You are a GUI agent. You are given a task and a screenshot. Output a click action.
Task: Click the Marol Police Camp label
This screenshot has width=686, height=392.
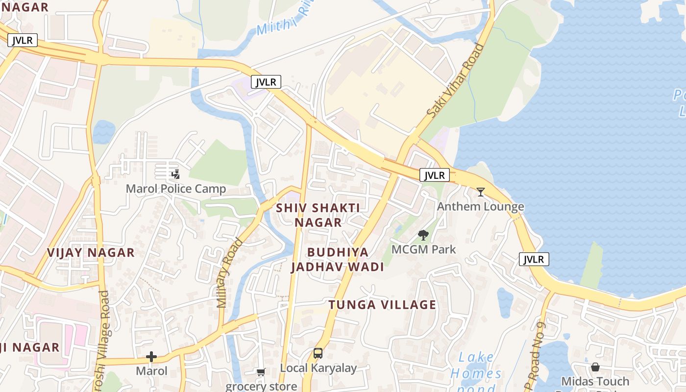click(176, 189)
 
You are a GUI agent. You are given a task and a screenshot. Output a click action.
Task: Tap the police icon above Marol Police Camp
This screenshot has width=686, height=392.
click(175, 174)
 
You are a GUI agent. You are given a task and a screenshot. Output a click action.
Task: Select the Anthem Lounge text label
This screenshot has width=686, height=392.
click(480, 206)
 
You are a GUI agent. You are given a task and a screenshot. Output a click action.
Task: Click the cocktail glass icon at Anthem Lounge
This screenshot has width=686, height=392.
click(481, 192)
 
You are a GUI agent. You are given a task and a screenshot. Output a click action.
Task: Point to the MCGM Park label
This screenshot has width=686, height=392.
click(423, 249)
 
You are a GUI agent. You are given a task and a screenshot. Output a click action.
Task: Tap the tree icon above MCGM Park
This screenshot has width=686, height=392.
click(423, 235)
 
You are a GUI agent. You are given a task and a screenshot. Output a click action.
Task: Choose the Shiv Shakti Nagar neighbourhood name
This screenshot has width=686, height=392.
click(318, 215)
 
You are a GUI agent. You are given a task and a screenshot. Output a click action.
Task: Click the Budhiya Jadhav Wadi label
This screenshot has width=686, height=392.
click(338, 259)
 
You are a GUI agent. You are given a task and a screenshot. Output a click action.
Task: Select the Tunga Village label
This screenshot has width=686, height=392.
click(382, 304)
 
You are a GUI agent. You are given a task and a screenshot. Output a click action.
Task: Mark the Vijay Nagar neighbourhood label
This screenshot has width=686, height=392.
click(91, 252)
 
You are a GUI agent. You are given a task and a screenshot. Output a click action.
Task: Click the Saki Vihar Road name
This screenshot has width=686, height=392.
click(455, 81)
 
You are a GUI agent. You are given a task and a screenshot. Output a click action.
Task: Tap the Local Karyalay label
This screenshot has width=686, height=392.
click(318, 367)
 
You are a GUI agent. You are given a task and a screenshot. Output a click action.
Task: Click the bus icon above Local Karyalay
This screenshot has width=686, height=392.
click(318, 353)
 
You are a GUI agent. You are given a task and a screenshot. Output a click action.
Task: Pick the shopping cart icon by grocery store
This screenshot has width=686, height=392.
click(261, 372)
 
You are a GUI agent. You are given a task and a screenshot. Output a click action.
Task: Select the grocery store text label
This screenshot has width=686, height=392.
click(261, 386)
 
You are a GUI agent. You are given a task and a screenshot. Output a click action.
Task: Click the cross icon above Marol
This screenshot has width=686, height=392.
click(151, 357)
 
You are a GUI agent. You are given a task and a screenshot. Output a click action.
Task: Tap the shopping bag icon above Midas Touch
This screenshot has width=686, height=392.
click(595, 367)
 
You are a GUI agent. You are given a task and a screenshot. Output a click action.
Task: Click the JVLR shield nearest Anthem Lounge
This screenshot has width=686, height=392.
click(434, 175)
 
